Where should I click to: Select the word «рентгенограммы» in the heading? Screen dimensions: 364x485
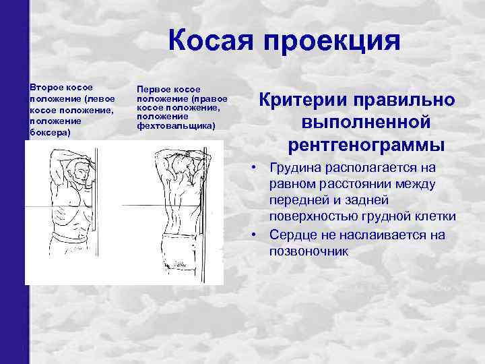(366, 144)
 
